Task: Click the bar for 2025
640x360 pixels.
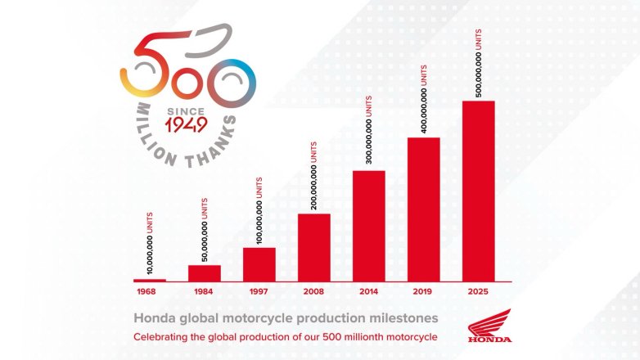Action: pos(479,190)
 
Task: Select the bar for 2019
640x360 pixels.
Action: pos(424,209)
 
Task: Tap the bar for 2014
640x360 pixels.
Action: pos(369,225)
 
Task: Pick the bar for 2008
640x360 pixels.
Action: pos(314,246)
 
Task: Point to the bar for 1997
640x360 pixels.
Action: pos(259,263)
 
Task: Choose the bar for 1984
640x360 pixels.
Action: pos(205,272)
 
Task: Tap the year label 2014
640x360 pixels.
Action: pos(369,290)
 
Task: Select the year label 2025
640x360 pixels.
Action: pos(479,290)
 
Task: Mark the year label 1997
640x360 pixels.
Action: pos(259,290)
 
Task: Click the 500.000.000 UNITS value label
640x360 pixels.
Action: pos(479,62)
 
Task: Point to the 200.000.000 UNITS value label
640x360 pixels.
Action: pos(314,175)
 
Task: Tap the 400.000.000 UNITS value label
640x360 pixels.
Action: pos(424,100)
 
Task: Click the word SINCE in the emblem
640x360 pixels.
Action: pos(186,110)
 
